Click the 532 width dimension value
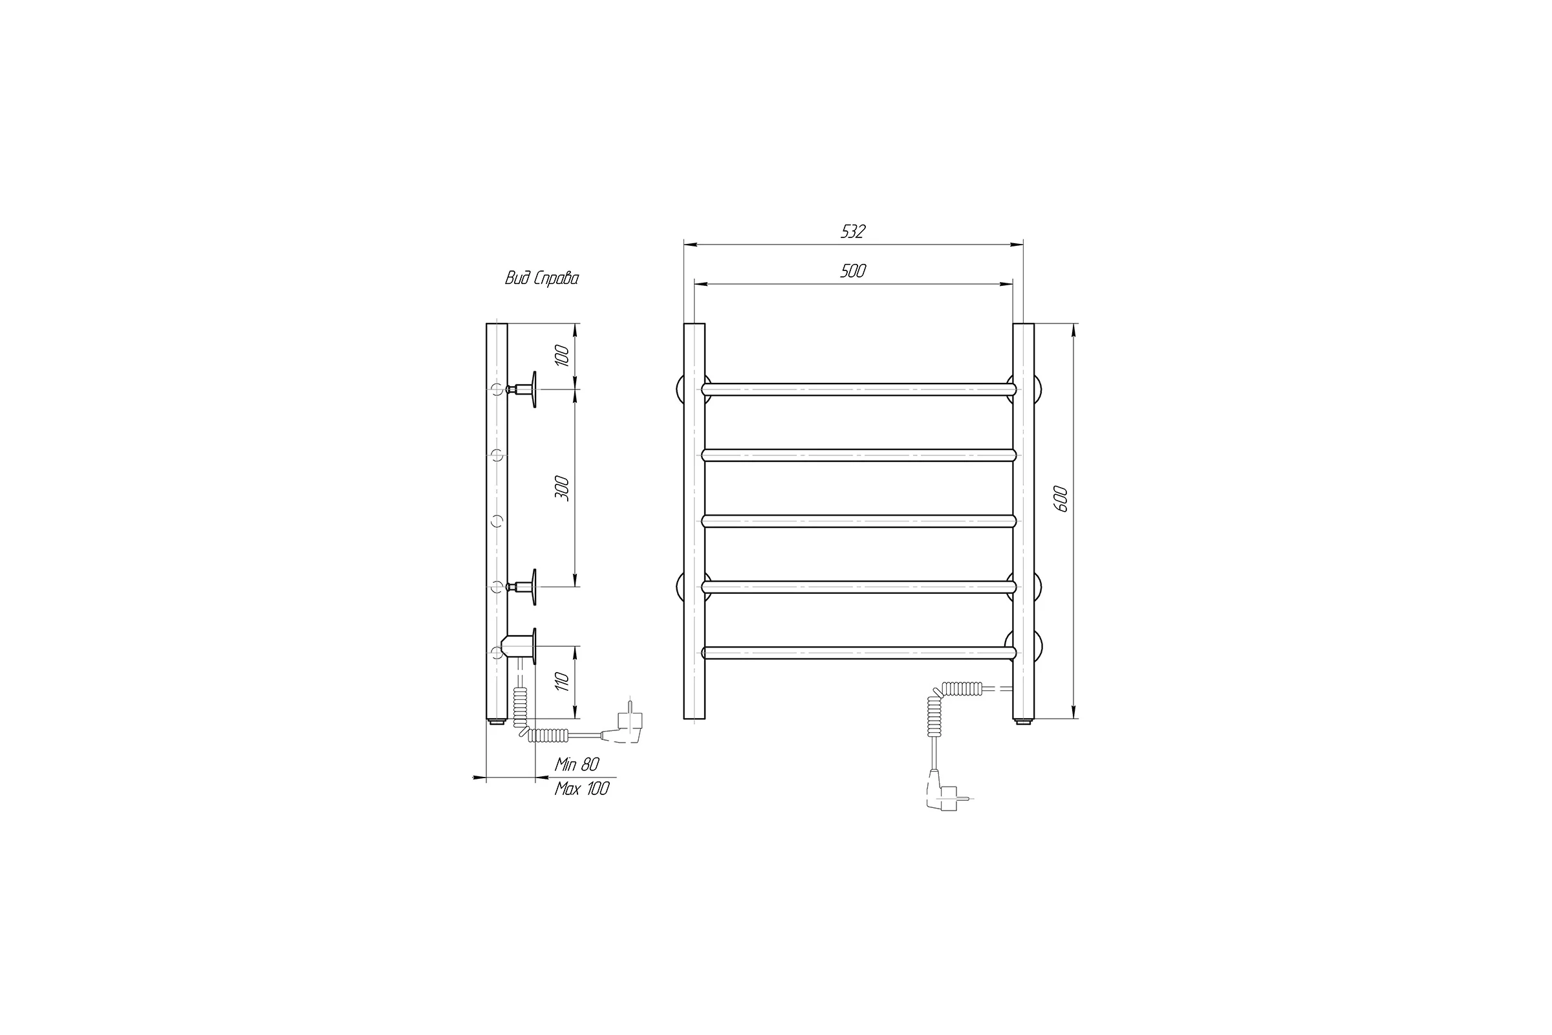click(x=852, y=232)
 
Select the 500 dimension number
click(x=852, y=271)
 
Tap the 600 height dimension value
click(x=1060, y=499)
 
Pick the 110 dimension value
click(x=561, y=681)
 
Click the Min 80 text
click(x=577, y=765)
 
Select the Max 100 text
click(x=581, y=789)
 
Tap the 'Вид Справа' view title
click(x=542, y=279)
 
